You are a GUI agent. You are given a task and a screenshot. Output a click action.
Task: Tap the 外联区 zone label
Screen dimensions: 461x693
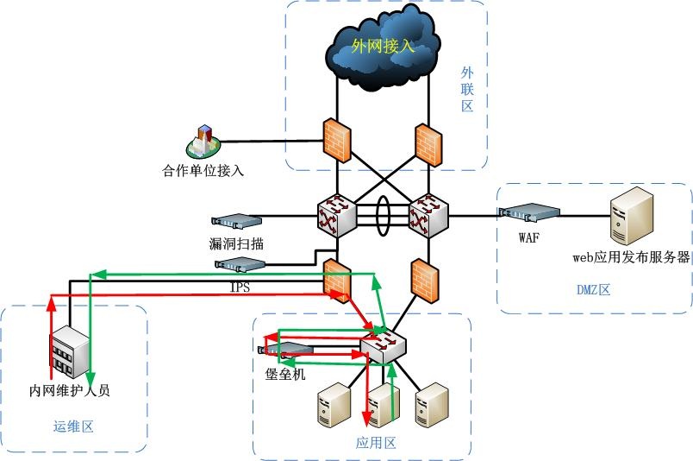(467, 90)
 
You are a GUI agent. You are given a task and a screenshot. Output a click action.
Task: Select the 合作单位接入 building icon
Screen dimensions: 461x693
(204, 142)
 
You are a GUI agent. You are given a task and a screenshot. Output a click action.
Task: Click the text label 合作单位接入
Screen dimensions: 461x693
(203, 169)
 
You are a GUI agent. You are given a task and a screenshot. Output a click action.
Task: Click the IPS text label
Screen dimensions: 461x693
(240, 287)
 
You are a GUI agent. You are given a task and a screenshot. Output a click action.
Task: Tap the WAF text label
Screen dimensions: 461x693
(529, 237)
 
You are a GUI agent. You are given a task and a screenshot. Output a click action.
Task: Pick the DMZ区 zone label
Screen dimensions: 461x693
(593, 290)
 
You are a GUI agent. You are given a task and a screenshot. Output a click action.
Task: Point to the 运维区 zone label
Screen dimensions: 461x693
(72, 426)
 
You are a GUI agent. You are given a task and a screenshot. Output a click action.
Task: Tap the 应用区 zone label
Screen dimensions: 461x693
(376, 443)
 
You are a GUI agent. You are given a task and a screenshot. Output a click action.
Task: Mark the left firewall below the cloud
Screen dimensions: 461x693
(336, 139)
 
